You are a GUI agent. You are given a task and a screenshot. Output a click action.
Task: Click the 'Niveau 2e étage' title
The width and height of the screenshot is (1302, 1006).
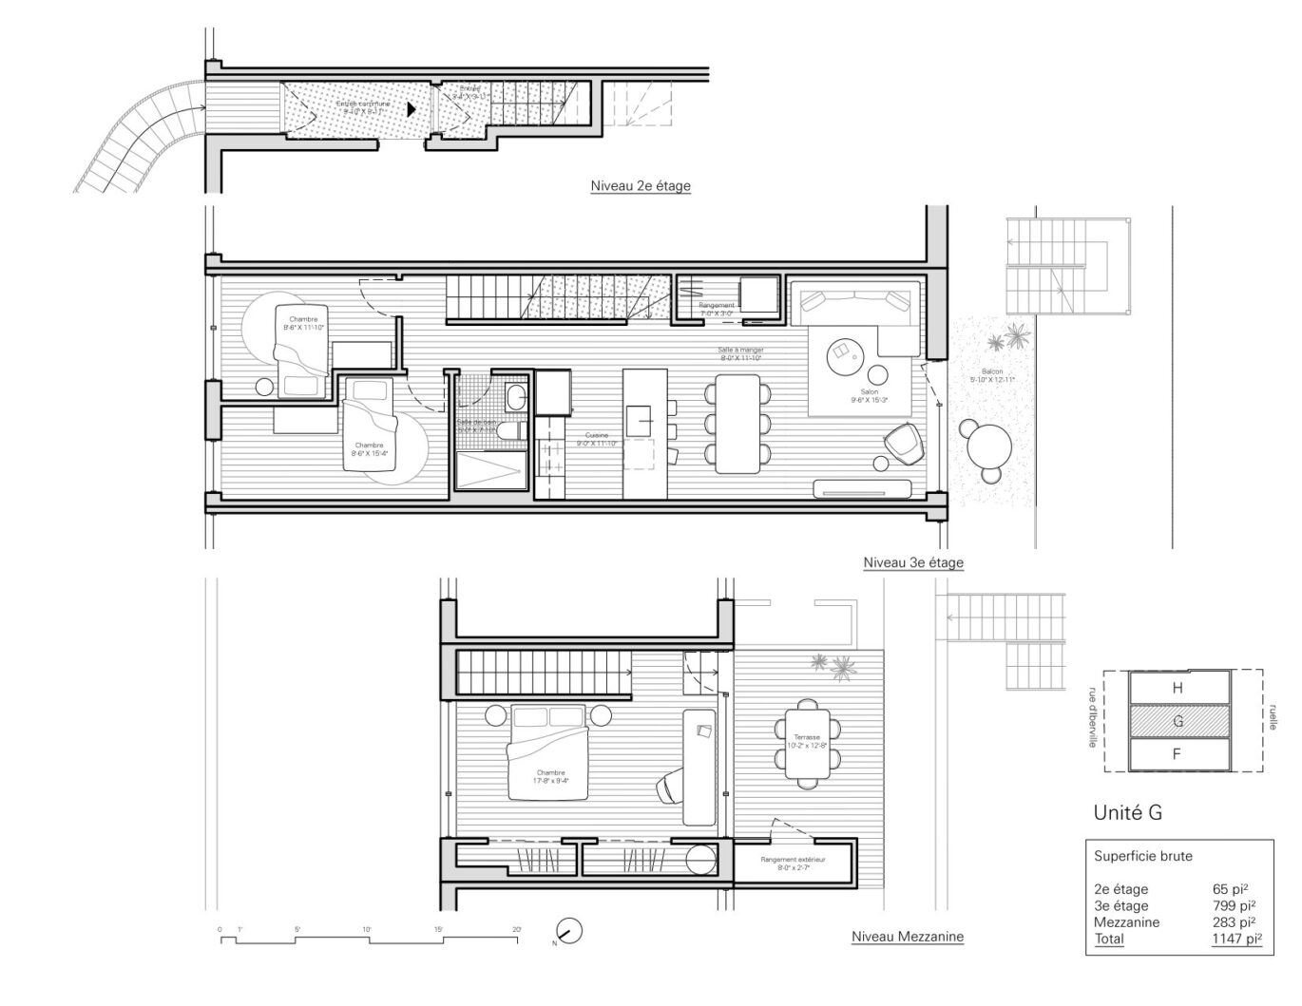coord(640,186)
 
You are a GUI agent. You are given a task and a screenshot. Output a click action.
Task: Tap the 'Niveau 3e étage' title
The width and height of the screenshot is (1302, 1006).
coord(912,562)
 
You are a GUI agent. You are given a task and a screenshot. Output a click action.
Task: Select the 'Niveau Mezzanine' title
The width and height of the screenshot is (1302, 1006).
coord(907,937)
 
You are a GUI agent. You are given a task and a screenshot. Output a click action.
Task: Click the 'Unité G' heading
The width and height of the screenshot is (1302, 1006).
coord(1127,812)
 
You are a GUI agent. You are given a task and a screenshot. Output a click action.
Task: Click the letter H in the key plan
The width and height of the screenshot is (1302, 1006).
coord(1177,688)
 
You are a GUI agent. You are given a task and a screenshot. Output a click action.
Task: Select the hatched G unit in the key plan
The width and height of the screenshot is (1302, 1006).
coord(1178,721)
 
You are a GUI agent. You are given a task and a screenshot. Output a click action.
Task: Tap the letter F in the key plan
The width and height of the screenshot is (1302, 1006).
coord(1177,754)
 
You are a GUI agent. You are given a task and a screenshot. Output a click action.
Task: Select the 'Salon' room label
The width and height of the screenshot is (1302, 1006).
coord(863,391)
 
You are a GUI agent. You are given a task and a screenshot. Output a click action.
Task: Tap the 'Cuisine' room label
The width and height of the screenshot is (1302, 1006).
coord(597,435)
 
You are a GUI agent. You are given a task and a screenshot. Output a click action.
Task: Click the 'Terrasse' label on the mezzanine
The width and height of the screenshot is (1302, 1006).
coord(809,737)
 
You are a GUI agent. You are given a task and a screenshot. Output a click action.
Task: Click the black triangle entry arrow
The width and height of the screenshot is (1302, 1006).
coord(411,109)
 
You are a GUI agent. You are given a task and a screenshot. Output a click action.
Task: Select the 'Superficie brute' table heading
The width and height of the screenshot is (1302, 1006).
coord(1142,856)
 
